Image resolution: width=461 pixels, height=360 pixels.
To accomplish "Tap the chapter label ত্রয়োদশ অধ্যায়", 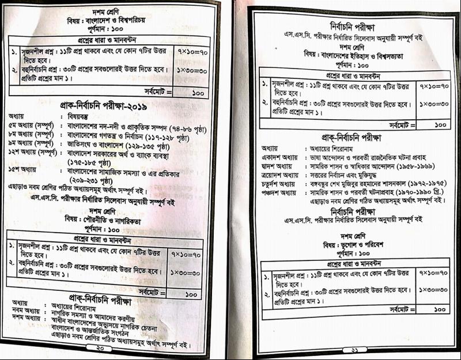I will (280, 174).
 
